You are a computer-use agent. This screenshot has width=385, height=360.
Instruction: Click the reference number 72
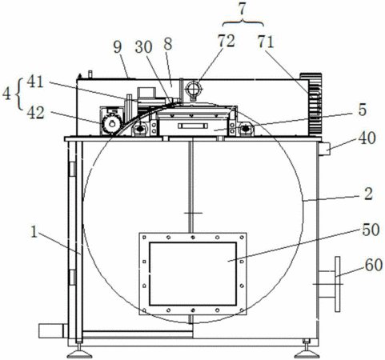pyautogui.click(x=227, y=41)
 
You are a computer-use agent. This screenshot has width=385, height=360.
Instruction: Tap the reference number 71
pyautogui.click(x=266, y=42)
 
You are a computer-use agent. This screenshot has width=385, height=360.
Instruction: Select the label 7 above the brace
pyautogui.click(x=242, y=10)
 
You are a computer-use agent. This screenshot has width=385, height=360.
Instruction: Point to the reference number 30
pyautogui.click(x=143, y=47)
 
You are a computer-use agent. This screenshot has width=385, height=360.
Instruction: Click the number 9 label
pyautogui.click(x=118, y=47)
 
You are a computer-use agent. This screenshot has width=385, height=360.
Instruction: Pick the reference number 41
pyautogui.click(x=35, y=82)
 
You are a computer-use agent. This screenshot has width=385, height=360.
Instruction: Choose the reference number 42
pyautogui.click(x=35, y=113)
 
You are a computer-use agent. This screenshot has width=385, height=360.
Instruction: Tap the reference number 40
pyautogui.click(x=367, y=138)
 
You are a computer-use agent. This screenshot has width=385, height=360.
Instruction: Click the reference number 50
pyautogui.click(x=371, y=230)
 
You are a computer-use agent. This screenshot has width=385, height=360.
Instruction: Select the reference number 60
pyautogui.click(x=374, y=265)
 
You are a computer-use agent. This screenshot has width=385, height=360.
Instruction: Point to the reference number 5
pyautogui.click(x=363, y=110)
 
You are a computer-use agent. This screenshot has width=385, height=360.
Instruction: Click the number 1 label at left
pyautogui.click(x=34, y=232)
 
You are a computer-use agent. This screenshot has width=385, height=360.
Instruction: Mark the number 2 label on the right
pyautogui.click(x=368, y=194)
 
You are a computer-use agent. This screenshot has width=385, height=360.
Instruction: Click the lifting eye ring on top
pyautogui.click(x=194, y=89)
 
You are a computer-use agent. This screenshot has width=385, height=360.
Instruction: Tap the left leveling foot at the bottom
pyautogui.click(x=79, y=353)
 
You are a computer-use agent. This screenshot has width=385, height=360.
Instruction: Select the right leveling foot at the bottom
pyautogui.click(x=307, y=351)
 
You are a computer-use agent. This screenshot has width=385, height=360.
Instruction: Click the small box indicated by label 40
pyautogui.click(x=324, y=149)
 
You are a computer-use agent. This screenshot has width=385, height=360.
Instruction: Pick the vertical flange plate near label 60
pyautogui.click(x=338, y=284)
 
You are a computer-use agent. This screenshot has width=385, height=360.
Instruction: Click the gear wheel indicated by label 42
pyautogui.click(x=112, y=124)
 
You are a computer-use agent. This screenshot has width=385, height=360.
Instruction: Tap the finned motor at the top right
pyautogui.click(x=311, y=105)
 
